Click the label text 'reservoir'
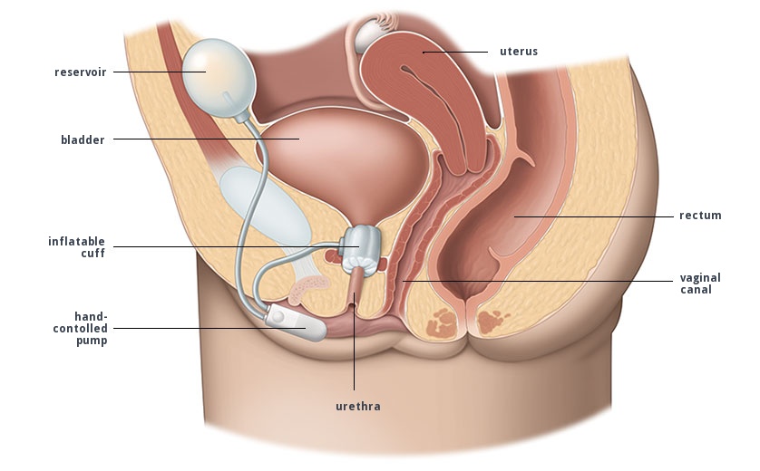click(x=80, y=72)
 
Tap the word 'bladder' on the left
click(x=83, y=139)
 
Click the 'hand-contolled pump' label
click(x=81, y=328)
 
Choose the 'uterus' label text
click(x=519, y=52)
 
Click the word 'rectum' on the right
click(x=700, y=216)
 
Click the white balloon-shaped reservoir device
click(x=208, y=71)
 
